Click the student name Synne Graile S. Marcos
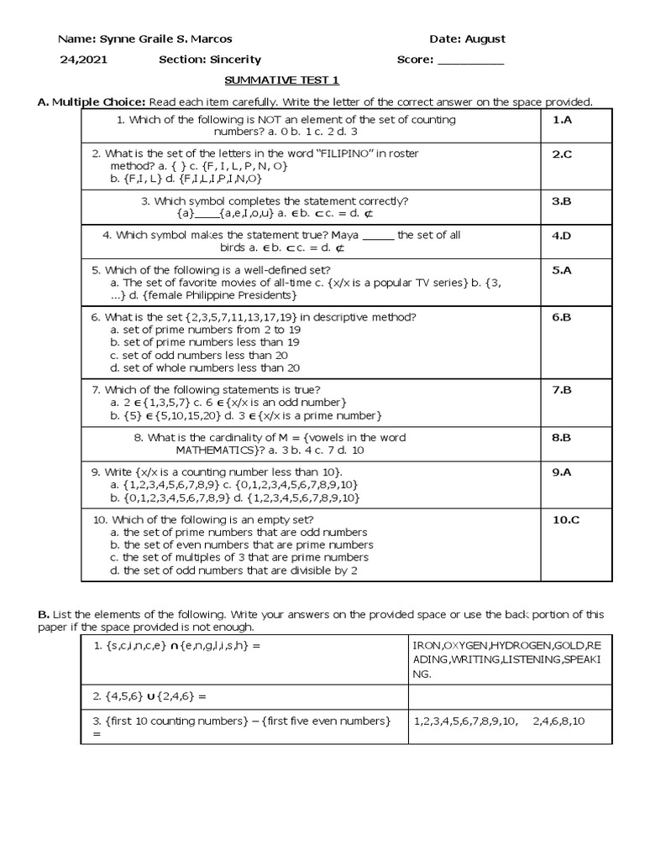coord(165,39)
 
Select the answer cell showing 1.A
coord(561,120)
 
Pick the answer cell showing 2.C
coord(561,154)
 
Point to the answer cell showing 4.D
coord(561,236)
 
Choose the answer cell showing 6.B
coord(561,317)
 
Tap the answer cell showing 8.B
coord(561,437)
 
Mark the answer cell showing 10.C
coord(565,519)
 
